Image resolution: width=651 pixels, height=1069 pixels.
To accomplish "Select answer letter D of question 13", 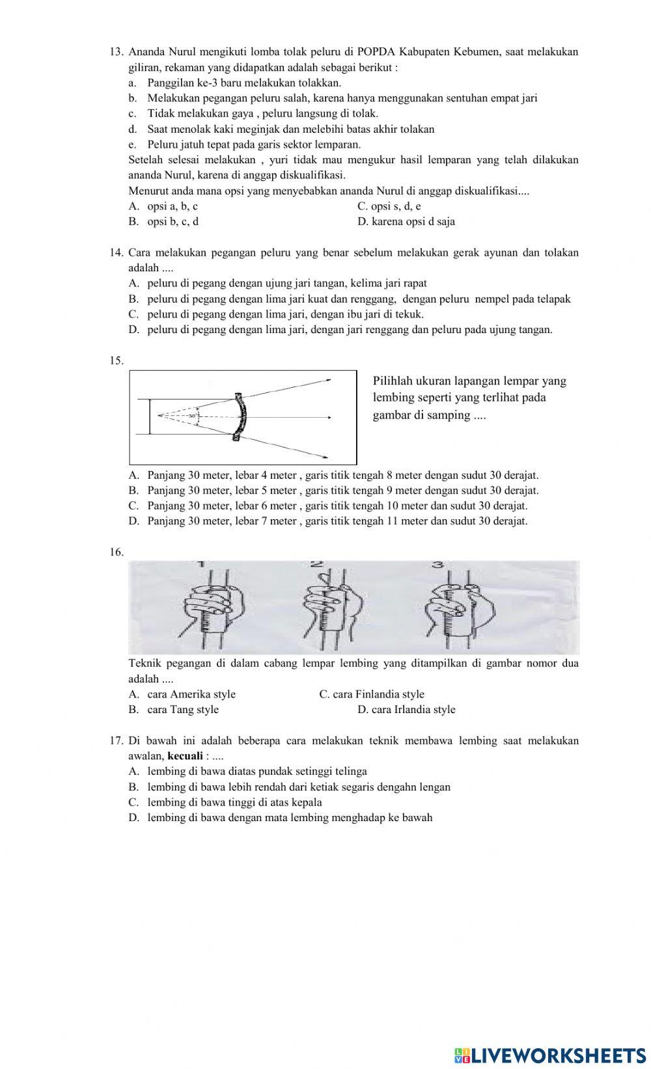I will [x=362, y=222].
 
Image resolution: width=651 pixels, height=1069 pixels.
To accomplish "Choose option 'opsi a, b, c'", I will [x=173, y=206].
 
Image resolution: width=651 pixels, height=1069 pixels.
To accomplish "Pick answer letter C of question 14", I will [x=133, y=314].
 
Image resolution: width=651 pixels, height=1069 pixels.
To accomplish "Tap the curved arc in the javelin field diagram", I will [x=240, y=417].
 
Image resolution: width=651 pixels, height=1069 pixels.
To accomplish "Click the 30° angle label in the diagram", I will [x=193, y=416].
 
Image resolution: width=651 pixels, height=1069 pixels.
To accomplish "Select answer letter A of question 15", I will [x=133, y=476].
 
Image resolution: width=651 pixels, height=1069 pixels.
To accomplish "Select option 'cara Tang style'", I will [x=183, y=710].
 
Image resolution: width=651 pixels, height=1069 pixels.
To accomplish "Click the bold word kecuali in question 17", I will [x=186, y=756].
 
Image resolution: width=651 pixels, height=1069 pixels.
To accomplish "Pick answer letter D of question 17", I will [x=133, y=818].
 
